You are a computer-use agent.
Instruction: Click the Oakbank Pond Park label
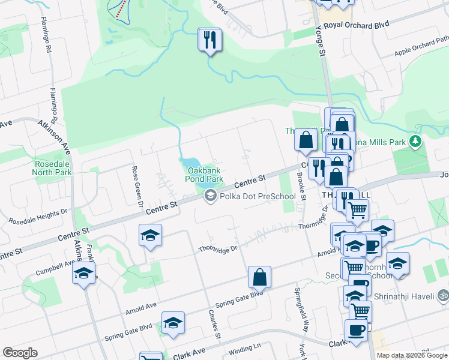click(x=202, y=175)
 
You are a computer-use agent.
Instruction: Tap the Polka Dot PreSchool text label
click(x=258, y=196)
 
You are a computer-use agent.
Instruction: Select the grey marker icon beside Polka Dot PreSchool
click(x=210, y=196)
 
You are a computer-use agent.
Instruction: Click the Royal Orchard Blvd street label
click(x=357, y=25)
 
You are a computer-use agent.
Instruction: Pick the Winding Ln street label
click(x=244, y=347)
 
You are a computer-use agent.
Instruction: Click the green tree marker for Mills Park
click(x=415, y=142)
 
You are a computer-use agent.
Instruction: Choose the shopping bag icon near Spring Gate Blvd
click(x=259, y=277)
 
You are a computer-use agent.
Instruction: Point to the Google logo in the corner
click(x=20, y=353)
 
